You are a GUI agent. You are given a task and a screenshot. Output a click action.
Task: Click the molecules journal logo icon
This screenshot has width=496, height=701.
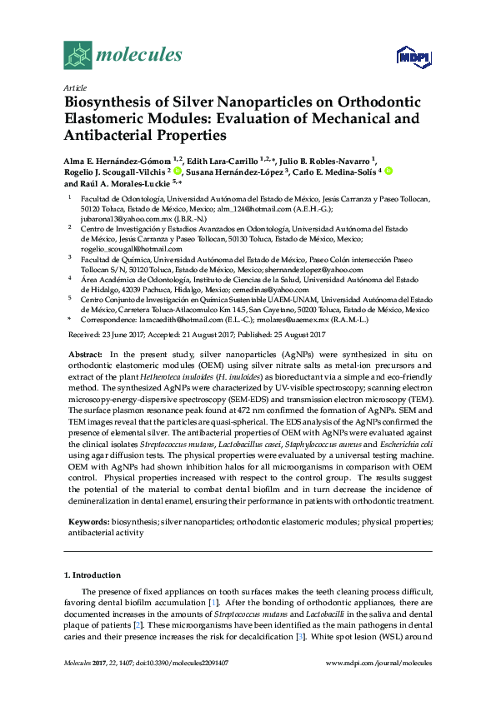78,55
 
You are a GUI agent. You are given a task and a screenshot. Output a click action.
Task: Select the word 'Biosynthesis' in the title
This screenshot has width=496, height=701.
108,102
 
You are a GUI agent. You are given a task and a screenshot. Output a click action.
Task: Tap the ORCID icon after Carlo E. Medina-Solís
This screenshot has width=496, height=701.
388,172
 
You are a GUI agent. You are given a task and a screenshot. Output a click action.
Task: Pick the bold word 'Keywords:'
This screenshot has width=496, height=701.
88,520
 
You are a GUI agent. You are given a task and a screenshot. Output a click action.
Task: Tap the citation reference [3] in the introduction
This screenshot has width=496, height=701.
334,636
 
